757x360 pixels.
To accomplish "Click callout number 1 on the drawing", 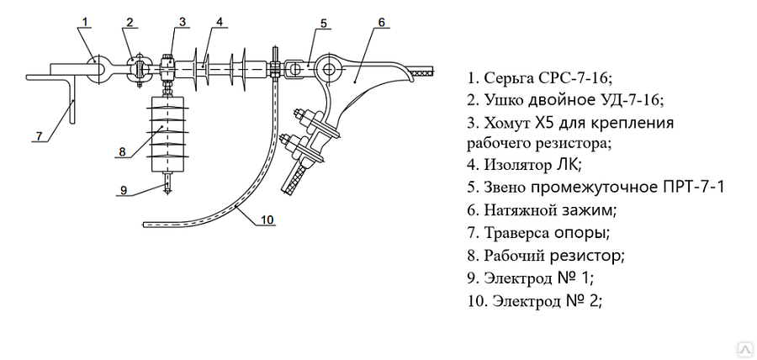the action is tap(85, 22).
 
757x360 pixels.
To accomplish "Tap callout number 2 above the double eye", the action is tap(130, 22).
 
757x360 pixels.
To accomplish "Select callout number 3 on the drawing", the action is tap(182, 22).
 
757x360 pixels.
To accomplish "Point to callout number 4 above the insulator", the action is tap(220, 22).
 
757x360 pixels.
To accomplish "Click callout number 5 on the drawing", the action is tap(323, 24).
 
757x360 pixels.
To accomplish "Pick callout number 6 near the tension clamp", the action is tap(381, 22).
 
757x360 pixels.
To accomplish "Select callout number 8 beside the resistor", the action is tap(122, 151).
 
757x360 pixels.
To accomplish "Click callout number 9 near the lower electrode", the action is tap(124, 190).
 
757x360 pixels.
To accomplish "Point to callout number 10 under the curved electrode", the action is tap(267, 220).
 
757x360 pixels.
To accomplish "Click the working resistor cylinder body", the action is tap(167, 134).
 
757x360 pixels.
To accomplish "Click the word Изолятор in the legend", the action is tap(516, 165).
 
